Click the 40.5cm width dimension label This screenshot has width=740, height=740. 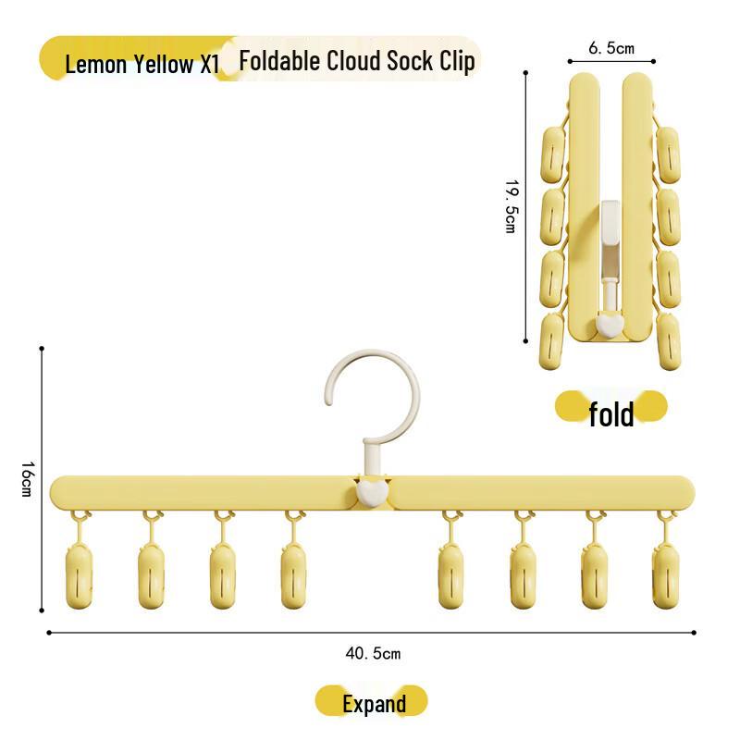pos(373,654)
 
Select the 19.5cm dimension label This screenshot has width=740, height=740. pos(510,206)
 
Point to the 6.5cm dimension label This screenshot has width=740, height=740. pos(611,48)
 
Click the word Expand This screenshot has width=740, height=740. pos(374,704)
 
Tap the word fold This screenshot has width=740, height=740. pos(611,413)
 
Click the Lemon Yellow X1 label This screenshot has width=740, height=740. pos(142,65)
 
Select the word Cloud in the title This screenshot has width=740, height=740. pos(362,61)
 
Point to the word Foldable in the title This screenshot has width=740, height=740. pos(278,61)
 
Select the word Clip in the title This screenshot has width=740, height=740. pos(458,61)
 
